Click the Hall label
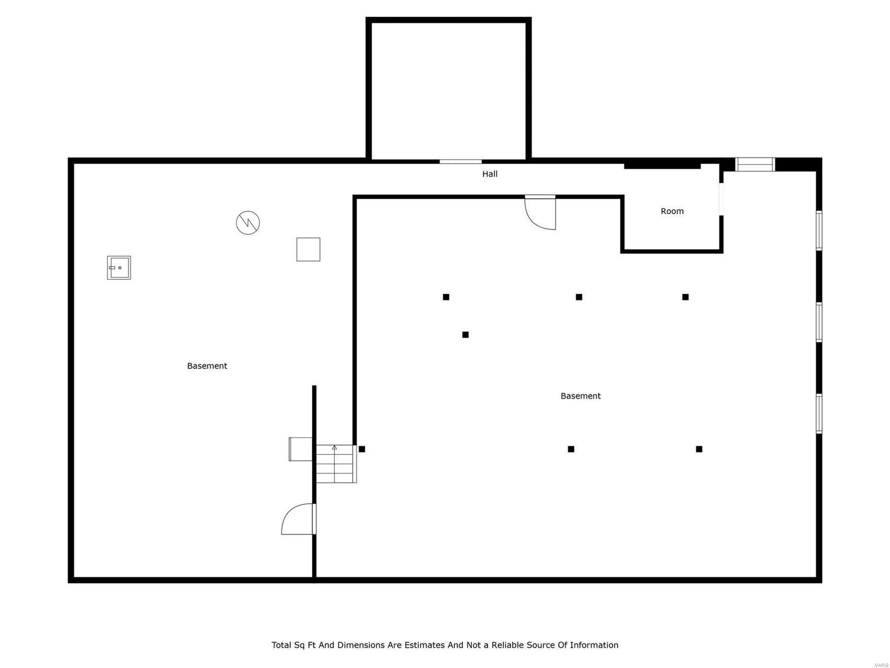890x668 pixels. click(489, 174)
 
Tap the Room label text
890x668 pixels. click(672, 212)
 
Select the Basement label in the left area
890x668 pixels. click(207, 366)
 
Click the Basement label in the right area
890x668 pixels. click(580, 396)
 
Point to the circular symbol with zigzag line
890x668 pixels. click(248, 223)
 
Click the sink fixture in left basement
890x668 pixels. click(119, 268)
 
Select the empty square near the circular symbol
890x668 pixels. click(308, 249)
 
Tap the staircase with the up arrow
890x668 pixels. click(335, 463)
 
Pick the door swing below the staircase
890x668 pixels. click(299, 519)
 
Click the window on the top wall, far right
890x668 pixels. click(755, 164)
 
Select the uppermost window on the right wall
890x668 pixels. click(819, 230)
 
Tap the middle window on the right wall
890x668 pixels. click(819, 322)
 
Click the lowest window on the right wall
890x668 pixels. click(819, 414)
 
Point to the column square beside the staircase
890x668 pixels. click(362, 449)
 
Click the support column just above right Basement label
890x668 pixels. click(579, 297)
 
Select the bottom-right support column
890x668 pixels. click(699, 449)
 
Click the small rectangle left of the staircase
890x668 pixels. click(300, 449)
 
